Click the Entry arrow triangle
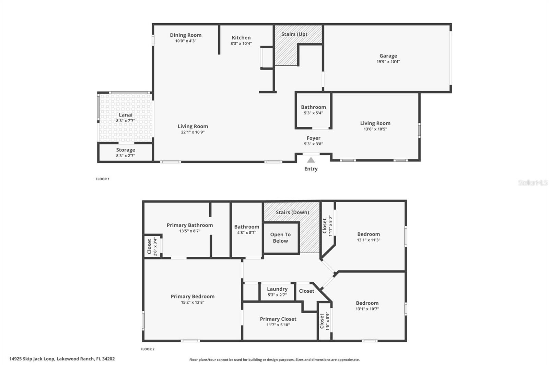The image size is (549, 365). coord(311,160)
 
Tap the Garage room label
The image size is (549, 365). coord(388,56)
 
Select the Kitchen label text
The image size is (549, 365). coord(241,38)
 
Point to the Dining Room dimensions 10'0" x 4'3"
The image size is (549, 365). coord(186,41)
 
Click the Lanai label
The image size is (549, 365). coord(126,115)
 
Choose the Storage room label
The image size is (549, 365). coord(126,150)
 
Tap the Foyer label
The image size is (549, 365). coord(313,138)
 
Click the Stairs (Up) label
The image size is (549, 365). coord(294,34)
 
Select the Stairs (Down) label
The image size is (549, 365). coord(292,212)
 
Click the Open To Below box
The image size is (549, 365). coord(280,238)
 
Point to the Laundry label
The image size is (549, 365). coord(277,289)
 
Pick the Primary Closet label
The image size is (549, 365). coord(278,319)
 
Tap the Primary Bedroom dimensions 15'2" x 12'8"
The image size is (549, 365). coord(192,302)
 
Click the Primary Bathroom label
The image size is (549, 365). coord(190,225)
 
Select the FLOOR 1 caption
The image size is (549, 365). coord(102,179)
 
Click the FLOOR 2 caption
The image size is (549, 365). coord(148,349)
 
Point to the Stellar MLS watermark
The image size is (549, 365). coord(533,183)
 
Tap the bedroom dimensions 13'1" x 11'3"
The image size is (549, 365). coord(369,240)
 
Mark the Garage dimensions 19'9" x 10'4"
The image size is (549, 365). coord(388,62)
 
